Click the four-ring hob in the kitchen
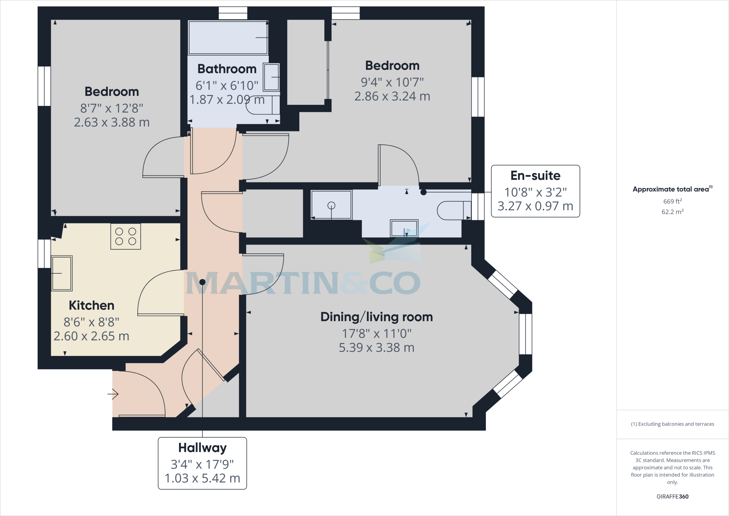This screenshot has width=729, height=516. tap(125, 236)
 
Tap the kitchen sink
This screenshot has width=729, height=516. tap(62, 273)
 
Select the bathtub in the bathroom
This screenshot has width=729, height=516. tap(228, 37)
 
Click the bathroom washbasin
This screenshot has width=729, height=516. tap(271, 77)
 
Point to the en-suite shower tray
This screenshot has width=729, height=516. tap(331, 205)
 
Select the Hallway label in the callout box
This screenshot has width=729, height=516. tap(202, 448)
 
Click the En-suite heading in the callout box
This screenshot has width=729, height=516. tap(535, 175)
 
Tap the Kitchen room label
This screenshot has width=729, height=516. tap(91, 305)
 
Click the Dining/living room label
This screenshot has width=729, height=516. tap(377, 317)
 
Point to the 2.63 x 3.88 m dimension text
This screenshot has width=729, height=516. tap(112, 123)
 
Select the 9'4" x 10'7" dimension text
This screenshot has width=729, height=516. tap(392, 82)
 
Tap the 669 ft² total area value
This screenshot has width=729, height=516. tap(672, 201)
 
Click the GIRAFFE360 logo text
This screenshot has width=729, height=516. tap(672, 497)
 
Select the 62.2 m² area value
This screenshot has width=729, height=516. tap(672, 212)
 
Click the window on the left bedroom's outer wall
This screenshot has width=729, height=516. tap(44, 86)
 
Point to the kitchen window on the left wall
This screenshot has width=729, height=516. tap(44, 253)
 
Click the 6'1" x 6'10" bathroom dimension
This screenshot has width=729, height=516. tap(227, 86)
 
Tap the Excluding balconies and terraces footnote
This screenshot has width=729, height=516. tap(672, 424)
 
